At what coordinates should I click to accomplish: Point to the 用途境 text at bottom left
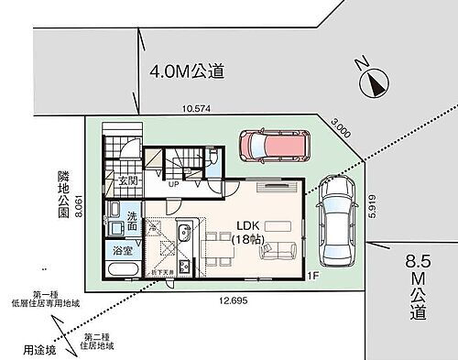tap(37, 350)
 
